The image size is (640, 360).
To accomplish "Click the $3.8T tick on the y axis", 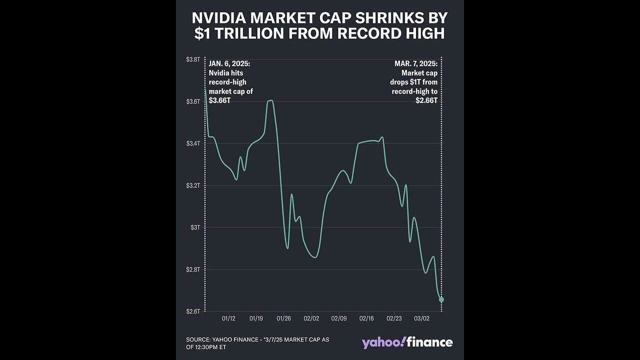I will (193, 59).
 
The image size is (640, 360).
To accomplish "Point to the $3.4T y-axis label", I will (193, 143).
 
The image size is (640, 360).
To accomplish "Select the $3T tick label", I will (195, 227).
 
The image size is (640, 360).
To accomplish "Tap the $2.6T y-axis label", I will (193, 311).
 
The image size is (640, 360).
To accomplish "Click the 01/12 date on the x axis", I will (228, 318).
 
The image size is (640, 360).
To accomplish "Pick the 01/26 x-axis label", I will (283, 318).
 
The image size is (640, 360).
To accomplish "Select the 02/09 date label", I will (338, 318).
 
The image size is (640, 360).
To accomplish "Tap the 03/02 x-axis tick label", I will (421, 318).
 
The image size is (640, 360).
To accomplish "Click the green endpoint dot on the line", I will (441, 299).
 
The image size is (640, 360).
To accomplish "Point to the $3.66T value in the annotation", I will (219, 100).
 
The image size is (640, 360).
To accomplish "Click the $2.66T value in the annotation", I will (426, 100).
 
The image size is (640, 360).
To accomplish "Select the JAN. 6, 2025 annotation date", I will (229, 64).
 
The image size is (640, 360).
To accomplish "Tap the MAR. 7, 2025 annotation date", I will (414, 64).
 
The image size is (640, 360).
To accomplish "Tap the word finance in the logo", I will (430, 342).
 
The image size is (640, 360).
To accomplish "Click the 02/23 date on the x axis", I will (394, 318).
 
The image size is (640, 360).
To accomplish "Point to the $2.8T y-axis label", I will (193, 269).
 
